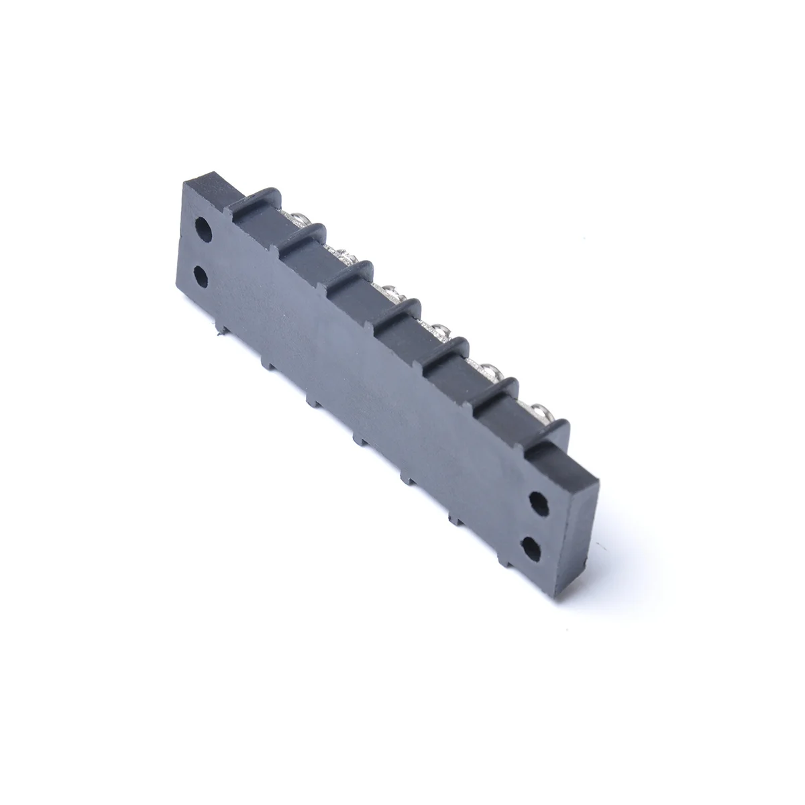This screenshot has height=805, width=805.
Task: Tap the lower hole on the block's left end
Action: [201, 274]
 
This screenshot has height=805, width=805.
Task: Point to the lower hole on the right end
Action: [531, 549]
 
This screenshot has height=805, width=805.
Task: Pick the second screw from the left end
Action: [343, 256]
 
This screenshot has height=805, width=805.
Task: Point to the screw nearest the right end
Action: [540, 409]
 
